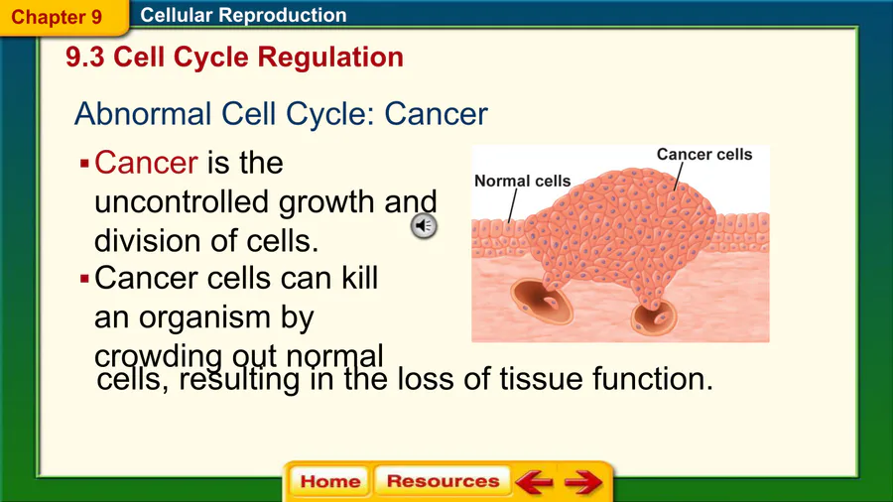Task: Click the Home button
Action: pyautogui.click(x=329, y=481)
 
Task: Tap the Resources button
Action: pyautogui.click(x=443, y=481)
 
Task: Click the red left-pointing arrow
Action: pyautogui.click(x=534, y=482)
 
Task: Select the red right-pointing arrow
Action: pyautogui.click(x=583, y=482)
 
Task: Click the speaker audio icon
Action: pyautogui.click(x=424, y=226)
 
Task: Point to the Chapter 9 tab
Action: pyautogui.click(x=57, y=17)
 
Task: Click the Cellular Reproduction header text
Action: pyautogui.click(x=243, y=15)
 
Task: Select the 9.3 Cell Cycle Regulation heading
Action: pyautogui.click(x=234, y=57)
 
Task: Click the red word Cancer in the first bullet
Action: pyautogui.click(x=147, y=163)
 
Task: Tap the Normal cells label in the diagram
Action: pyautogui.click(x=522, y=181)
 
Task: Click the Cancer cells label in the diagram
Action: pyautogui.click(x=704, y=154)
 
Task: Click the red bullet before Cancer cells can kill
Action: pyautogui.click(x=85, y=279)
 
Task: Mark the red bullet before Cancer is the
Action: pyautogui.click(x=85, y=165)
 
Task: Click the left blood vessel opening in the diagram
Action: pyautogui.click(x=541, y=301)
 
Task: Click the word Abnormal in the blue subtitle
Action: pyautogui.click(x=143, y=113)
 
